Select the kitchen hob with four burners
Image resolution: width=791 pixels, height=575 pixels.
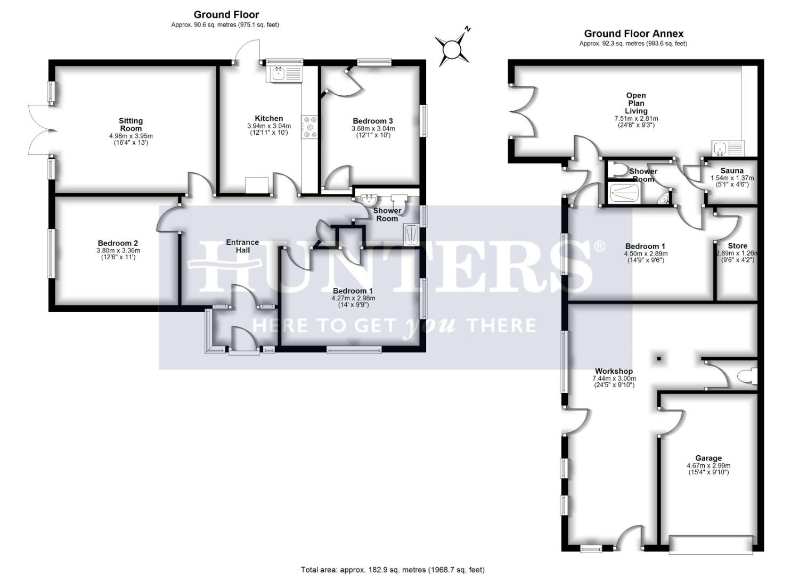coord(309,127)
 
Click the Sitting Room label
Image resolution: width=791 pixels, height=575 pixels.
coord(131,125)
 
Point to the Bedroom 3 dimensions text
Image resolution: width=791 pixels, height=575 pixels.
coord(373,132)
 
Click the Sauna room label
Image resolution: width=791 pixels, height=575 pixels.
coord(732,170)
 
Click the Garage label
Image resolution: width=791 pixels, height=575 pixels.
coord(708,458)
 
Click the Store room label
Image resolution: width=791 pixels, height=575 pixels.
coord(737,245)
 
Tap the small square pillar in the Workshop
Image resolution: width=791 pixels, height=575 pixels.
coord(659,358)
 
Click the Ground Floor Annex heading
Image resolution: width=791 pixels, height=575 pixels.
coord(633,34)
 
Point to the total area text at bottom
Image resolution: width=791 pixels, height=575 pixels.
coord(393,570)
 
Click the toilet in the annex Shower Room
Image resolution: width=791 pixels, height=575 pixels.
coord(617,170)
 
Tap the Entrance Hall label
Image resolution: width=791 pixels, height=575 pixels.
coord(242,246)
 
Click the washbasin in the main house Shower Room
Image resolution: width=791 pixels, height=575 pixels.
coord(369,201)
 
